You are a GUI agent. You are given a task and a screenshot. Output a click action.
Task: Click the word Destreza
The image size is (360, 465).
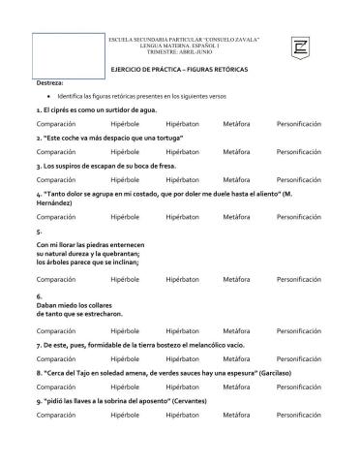tap(49, 83)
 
